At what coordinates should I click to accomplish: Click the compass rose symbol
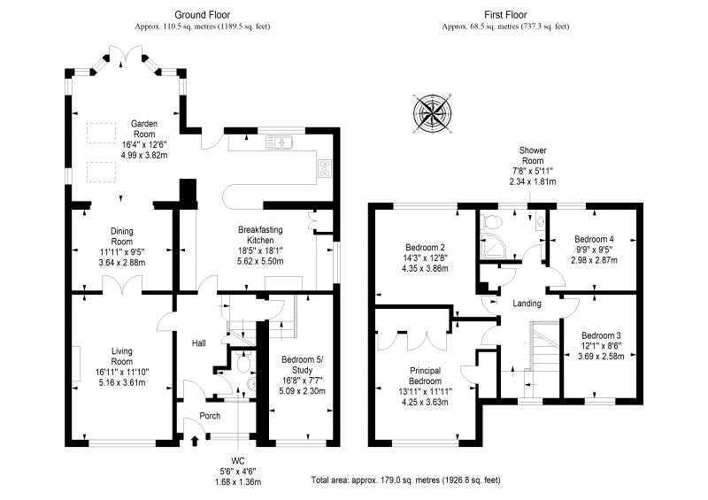coord(433,113)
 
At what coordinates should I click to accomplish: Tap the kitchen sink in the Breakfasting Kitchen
coord(280,142)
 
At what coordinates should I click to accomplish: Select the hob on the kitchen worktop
coord(325,168)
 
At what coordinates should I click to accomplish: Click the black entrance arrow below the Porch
coord(195,442)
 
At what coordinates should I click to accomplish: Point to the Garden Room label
coord(144,128)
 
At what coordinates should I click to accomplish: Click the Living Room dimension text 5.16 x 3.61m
coord(122,383)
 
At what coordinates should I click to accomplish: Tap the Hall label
coord(198,343)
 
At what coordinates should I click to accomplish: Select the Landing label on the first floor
coord(527,303)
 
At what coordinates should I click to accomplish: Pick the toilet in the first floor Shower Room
coord(492,222)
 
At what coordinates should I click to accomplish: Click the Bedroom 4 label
coord(594,239)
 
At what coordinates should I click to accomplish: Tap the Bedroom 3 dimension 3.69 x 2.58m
coord(601,357)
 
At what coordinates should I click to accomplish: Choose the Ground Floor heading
coord(203,15)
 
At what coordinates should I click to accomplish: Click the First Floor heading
coord(505,15)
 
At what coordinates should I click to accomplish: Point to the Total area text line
coord(405,481)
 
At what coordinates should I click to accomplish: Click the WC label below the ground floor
coord(238,461)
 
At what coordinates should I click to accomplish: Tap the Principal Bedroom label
coord(426,376)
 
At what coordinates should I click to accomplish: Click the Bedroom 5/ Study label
coord(302,365)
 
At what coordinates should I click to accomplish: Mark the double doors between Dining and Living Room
coord(122,284)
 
